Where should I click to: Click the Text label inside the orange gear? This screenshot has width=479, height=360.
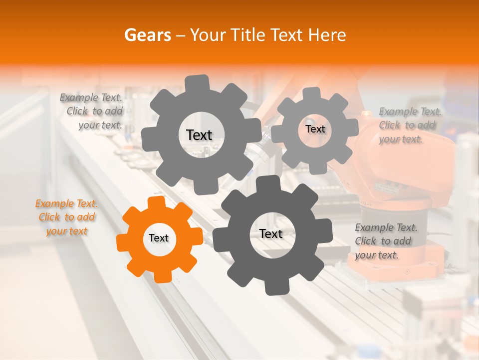pos(159,238)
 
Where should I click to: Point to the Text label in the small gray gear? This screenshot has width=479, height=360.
pos(315,129)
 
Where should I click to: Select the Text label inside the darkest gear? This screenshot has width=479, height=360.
pos(271,234)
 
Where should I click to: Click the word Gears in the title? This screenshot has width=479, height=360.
pos(147,35)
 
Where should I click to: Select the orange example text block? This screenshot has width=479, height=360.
pos(66,217)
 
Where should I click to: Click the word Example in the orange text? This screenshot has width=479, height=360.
pos(54,204)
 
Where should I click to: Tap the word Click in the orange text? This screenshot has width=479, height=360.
pos(49,217)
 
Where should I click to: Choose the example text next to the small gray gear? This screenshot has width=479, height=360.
pos(409,125)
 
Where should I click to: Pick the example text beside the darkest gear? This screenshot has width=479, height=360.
pos(386,241)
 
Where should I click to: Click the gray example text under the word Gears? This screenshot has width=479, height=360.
pos(92,111)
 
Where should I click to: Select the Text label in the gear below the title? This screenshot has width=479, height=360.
pos(199,135)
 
